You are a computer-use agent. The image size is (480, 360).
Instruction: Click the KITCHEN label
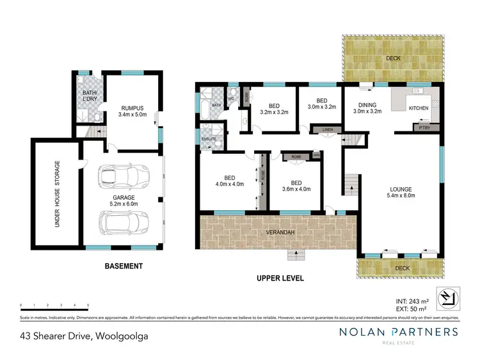coord(419,108)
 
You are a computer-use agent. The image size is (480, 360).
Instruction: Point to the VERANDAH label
coord(276,231)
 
